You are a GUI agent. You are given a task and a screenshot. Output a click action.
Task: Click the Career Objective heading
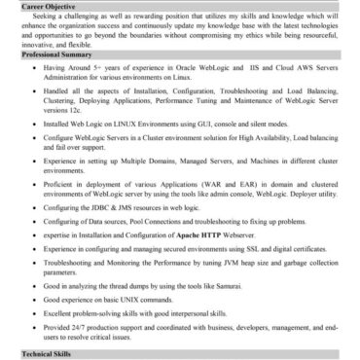(49, 7)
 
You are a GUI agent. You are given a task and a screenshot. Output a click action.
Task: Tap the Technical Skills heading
(49, 354)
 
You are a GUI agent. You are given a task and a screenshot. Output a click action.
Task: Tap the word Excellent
(88, 313)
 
